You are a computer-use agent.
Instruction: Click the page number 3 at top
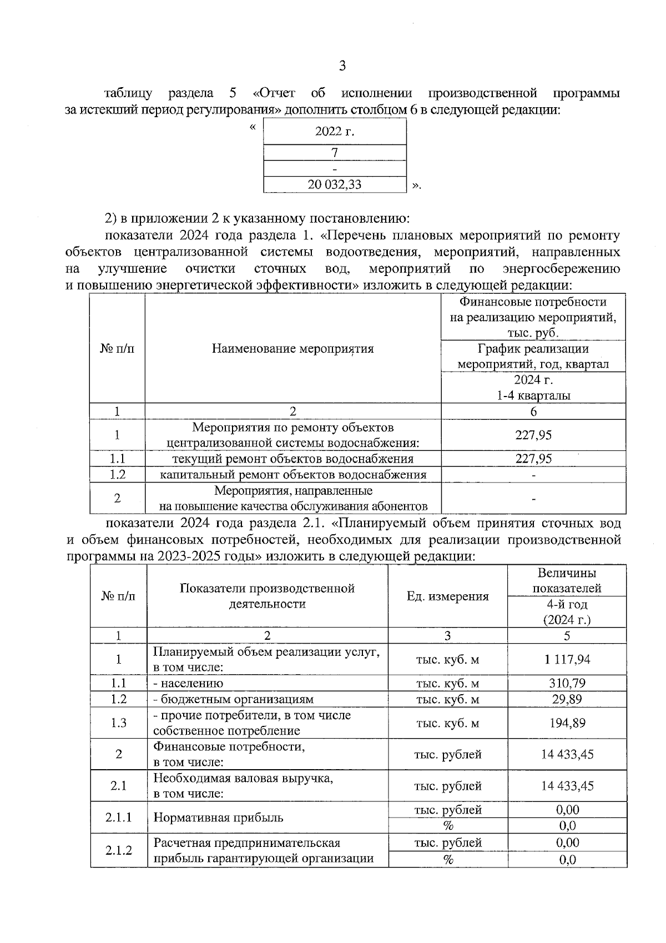click(x=342, y=66)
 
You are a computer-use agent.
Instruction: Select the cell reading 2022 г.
click(x=335, y=132)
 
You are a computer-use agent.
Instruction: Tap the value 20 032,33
click(x=335, y=184)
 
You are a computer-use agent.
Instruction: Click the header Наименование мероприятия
click(x=292, y=349)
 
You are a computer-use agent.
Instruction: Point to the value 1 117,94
click(x=567, y=659)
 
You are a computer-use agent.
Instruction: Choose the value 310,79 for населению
click(x=567, y=683)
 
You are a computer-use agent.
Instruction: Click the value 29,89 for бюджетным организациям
click(x=567, y=699)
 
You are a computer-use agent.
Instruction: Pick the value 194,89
click(x=567, y=723)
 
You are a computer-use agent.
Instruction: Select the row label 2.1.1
click(x=118, y=817)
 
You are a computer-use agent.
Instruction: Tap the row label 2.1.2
click(x=118, y=850)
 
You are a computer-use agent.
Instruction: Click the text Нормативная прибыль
click(x=218, y=817)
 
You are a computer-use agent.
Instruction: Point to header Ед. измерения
click(x=447, y=596)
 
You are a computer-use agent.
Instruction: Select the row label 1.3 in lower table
click(x=118, y=723)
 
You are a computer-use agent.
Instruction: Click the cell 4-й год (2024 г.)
click(x=567, y=612)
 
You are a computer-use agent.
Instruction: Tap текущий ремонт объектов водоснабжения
click(x=292, y=459)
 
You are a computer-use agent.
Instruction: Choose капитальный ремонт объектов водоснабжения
click(x=292, y=475)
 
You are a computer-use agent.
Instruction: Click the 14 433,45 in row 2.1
click(x=567, y=786)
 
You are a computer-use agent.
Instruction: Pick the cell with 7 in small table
click(x=335, y=153)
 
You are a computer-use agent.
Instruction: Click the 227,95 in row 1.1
click(x=533, y=459)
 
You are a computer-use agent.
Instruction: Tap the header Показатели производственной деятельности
click(x=267, y=596)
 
